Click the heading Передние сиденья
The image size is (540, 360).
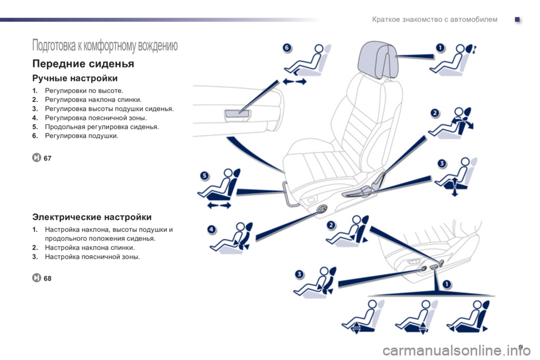click(83, 64)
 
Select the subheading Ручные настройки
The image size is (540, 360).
click(75, 79)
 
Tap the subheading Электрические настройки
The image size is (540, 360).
click(92, 217)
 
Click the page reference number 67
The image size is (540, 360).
click(47, 158)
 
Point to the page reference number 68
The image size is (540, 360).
click(47, 278)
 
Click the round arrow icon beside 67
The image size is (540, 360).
click(37, 157)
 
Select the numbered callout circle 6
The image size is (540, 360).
click(287, 48)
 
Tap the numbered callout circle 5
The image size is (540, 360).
click(205, 175)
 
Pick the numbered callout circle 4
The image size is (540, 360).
click(212, 229)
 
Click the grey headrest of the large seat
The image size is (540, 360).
click(377, 60)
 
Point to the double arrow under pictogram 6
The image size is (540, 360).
click(294, 82)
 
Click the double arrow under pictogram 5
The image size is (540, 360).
click(219, 206)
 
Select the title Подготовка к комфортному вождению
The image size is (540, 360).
click(105, 46)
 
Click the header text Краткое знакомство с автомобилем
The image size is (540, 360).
click(435, 20)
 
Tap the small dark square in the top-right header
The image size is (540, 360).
click(517, 20)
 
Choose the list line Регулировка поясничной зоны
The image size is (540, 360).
click(96, 118)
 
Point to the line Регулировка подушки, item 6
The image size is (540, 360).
click(75, 136)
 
